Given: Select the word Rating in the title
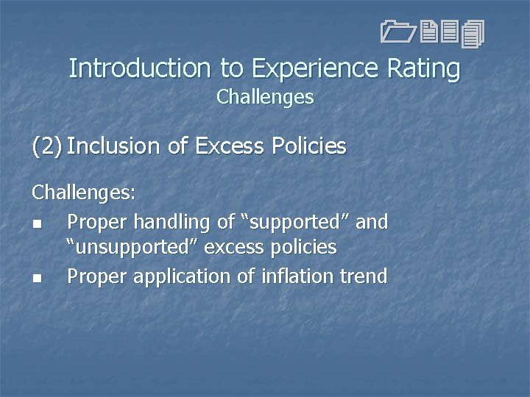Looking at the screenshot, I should [424, 68].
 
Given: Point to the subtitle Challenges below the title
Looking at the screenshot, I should [265, 97].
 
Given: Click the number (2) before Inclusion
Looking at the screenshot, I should [46, 146].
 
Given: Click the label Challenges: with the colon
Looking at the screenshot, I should [83, 193].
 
